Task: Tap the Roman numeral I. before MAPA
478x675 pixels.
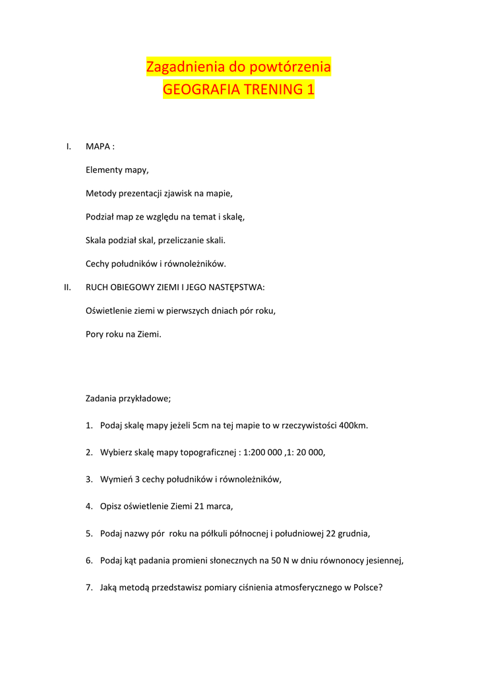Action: tap(69, 146)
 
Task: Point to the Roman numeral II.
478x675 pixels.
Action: tap(67, 287)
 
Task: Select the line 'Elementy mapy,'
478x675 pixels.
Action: tap(117, 170)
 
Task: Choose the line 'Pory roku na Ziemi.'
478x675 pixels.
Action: tap(123, 334)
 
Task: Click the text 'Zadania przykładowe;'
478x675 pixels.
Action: tap(128, 398)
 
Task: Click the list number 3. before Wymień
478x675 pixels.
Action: tap(89, 479)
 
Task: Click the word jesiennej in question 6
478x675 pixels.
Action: tap(382, 560)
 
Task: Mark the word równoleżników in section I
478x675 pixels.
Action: tap(194, 264)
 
